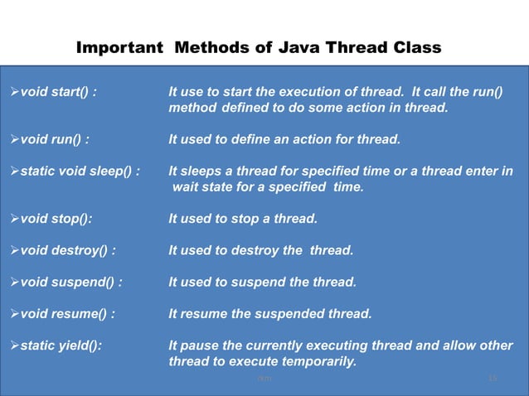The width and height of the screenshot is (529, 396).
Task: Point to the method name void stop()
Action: pos(56,219)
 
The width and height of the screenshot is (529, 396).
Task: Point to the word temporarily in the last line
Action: pos(318,362)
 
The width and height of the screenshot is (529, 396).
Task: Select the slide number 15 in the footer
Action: pos(493,379)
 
